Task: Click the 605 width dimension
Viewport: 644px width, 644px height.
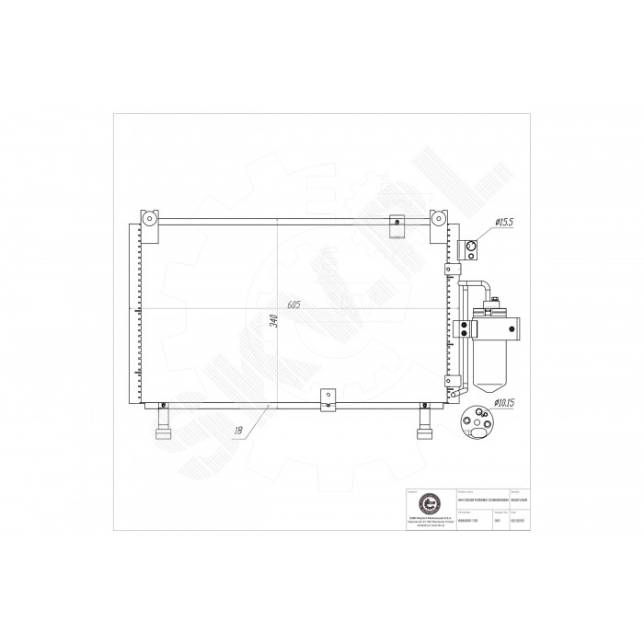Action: click(293, 305)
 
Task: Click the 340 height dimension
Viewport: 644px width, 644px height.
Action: click(272, 322)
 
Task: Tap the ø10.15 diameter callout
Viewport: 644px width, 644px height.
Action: click(507, 402)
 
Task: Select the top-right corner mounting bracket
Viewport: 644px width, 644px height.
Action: click(440, 221)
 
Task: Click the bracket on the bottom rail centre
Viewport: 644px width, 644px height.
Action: click(327, 400)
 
